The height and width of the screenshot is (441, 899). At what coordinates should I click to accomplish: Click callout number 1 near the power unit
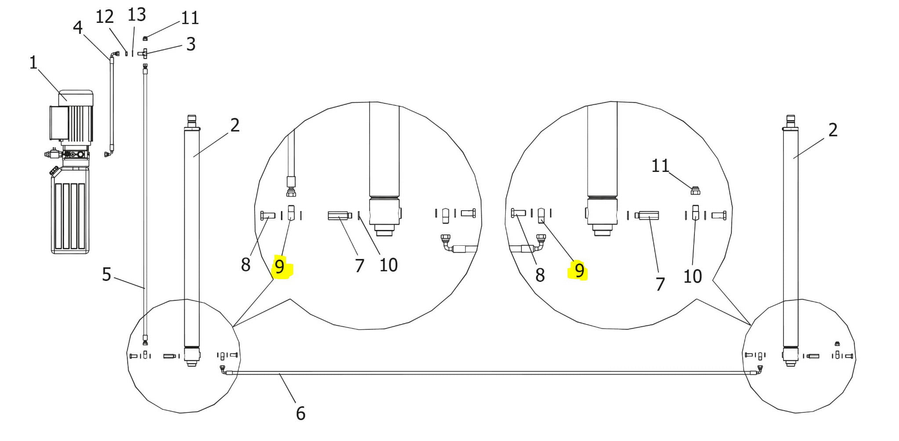coord(33,62)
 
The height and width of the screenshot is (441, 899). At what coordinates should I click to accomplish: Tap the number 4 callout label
coord(78,27)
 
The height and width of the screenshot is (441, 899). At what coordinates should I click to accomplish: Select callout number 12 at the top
coord(105,17)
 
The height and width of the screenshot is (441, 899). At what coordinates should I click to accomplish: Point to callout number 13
coord(137,15)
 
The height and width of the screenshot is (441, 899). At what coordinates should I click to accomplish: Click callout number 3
coord(191,44)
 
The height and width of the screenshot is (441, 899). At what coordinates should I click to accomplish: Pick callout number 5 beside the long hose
coord(106,274)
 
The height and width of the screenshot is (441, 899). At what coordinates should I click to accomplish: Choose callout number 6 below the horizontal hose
coord(301,413)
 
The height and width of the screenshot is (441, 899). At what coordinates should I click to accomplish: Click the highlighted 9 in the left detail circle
coord(279,266)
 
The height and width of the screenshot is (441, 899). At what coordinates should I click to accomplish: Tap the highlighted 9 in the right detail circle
coord(579,270)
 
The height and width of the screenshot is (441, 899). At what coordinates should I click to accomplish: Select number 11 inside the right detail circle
coord(660,166)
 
